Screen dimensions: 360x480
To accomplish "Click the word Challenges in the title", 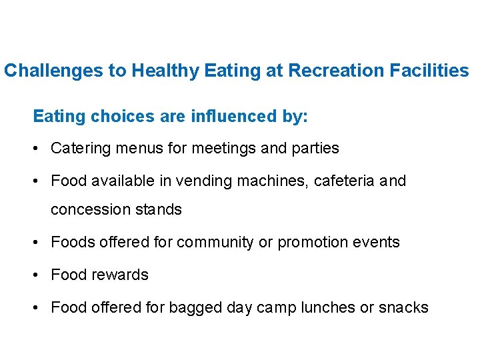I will coord(53,71).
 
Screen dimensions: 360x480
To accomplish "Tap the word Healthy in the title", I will coord(164,71).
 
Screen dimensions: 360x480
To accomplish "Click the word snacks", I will coord(403,307).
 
